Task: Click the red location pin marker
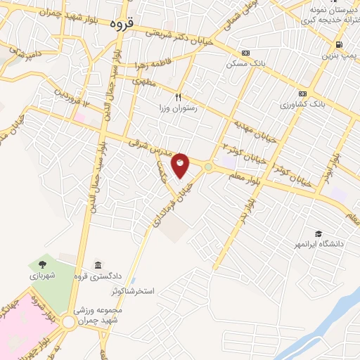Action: pyautogui.click(x=181, y=165)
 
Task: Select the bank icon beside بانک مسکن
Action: pyautogui.click(x=245, y=53)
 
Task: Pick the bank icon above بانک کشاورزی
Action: pyautogui.click(x=303, y=94)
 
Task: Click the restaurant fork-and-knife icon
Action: pyautogui.click(x=179, y=96)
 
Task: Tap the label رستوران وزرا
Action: pyautogui.click(x=179, y=109)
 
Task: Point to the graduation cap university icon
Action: pyautogui.click(x=319, y=233)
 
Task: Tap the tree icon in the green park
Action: pyautogui.click(x=44, y=264)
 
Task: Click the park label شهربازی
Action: pyautogui.click(x=44, y=276)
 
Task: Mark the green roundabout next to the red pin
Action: pyautogui.click(x=208, y=167)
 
